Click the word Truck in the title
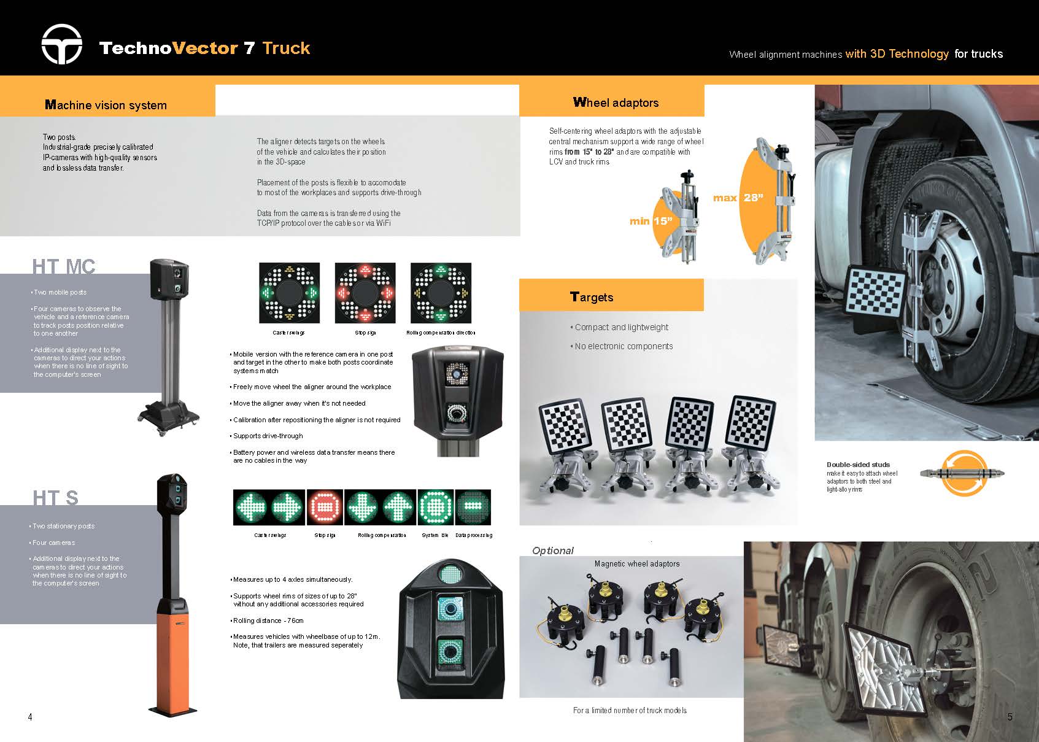tap(286, 48)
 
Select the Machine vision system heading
tap(106, 105)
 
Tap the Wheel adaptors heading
tap(616, 102)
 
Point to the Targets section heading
tap(592, 297)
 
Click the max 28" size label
tap(738, 198)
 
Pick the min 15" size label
tap(651, 221)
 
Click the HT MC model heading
tap(64, 266)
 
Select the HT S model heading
tap(55, 498)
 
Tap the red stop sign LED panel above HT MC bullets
tap(365, 293)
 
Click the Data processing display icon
tap(473, 507)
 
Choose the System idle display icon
tap(436, 507)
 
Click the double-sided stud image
tap(962, 473)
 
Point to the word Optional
tap(553, 551)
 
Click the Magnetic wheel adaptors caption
tap(637, 564)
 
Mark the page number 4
tap(30, 717)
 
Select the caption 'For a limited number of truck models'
tap(630, 711)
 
